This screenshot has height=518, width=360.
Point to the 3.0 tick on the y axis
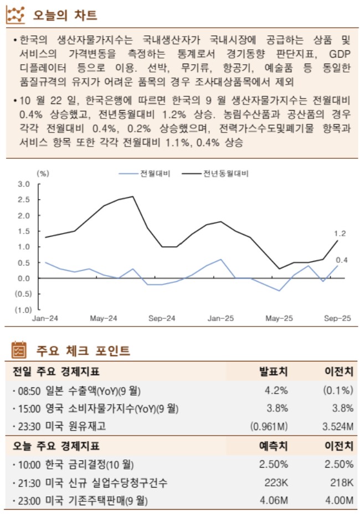(24, 184)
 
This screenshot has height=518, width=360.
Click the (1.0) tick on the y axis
(23, 310)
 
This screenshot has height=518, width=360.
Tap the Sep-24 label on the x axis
(162, 319)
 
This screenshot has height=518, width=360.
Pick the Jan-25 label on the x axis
(220, 319)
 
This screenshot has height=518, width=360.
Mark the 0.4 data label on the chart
(342, 260)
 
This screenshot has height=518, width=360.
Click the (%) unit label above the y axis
(43, 173)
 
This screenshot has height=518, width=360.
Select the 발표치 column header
(274, 371)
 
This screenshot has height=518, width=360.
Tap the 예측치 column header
(274, 445)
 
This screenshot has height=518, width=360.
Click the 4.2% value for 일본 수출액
(276, 391)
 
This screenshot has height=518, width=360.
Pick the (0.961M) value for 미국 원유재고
(269, 427)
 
